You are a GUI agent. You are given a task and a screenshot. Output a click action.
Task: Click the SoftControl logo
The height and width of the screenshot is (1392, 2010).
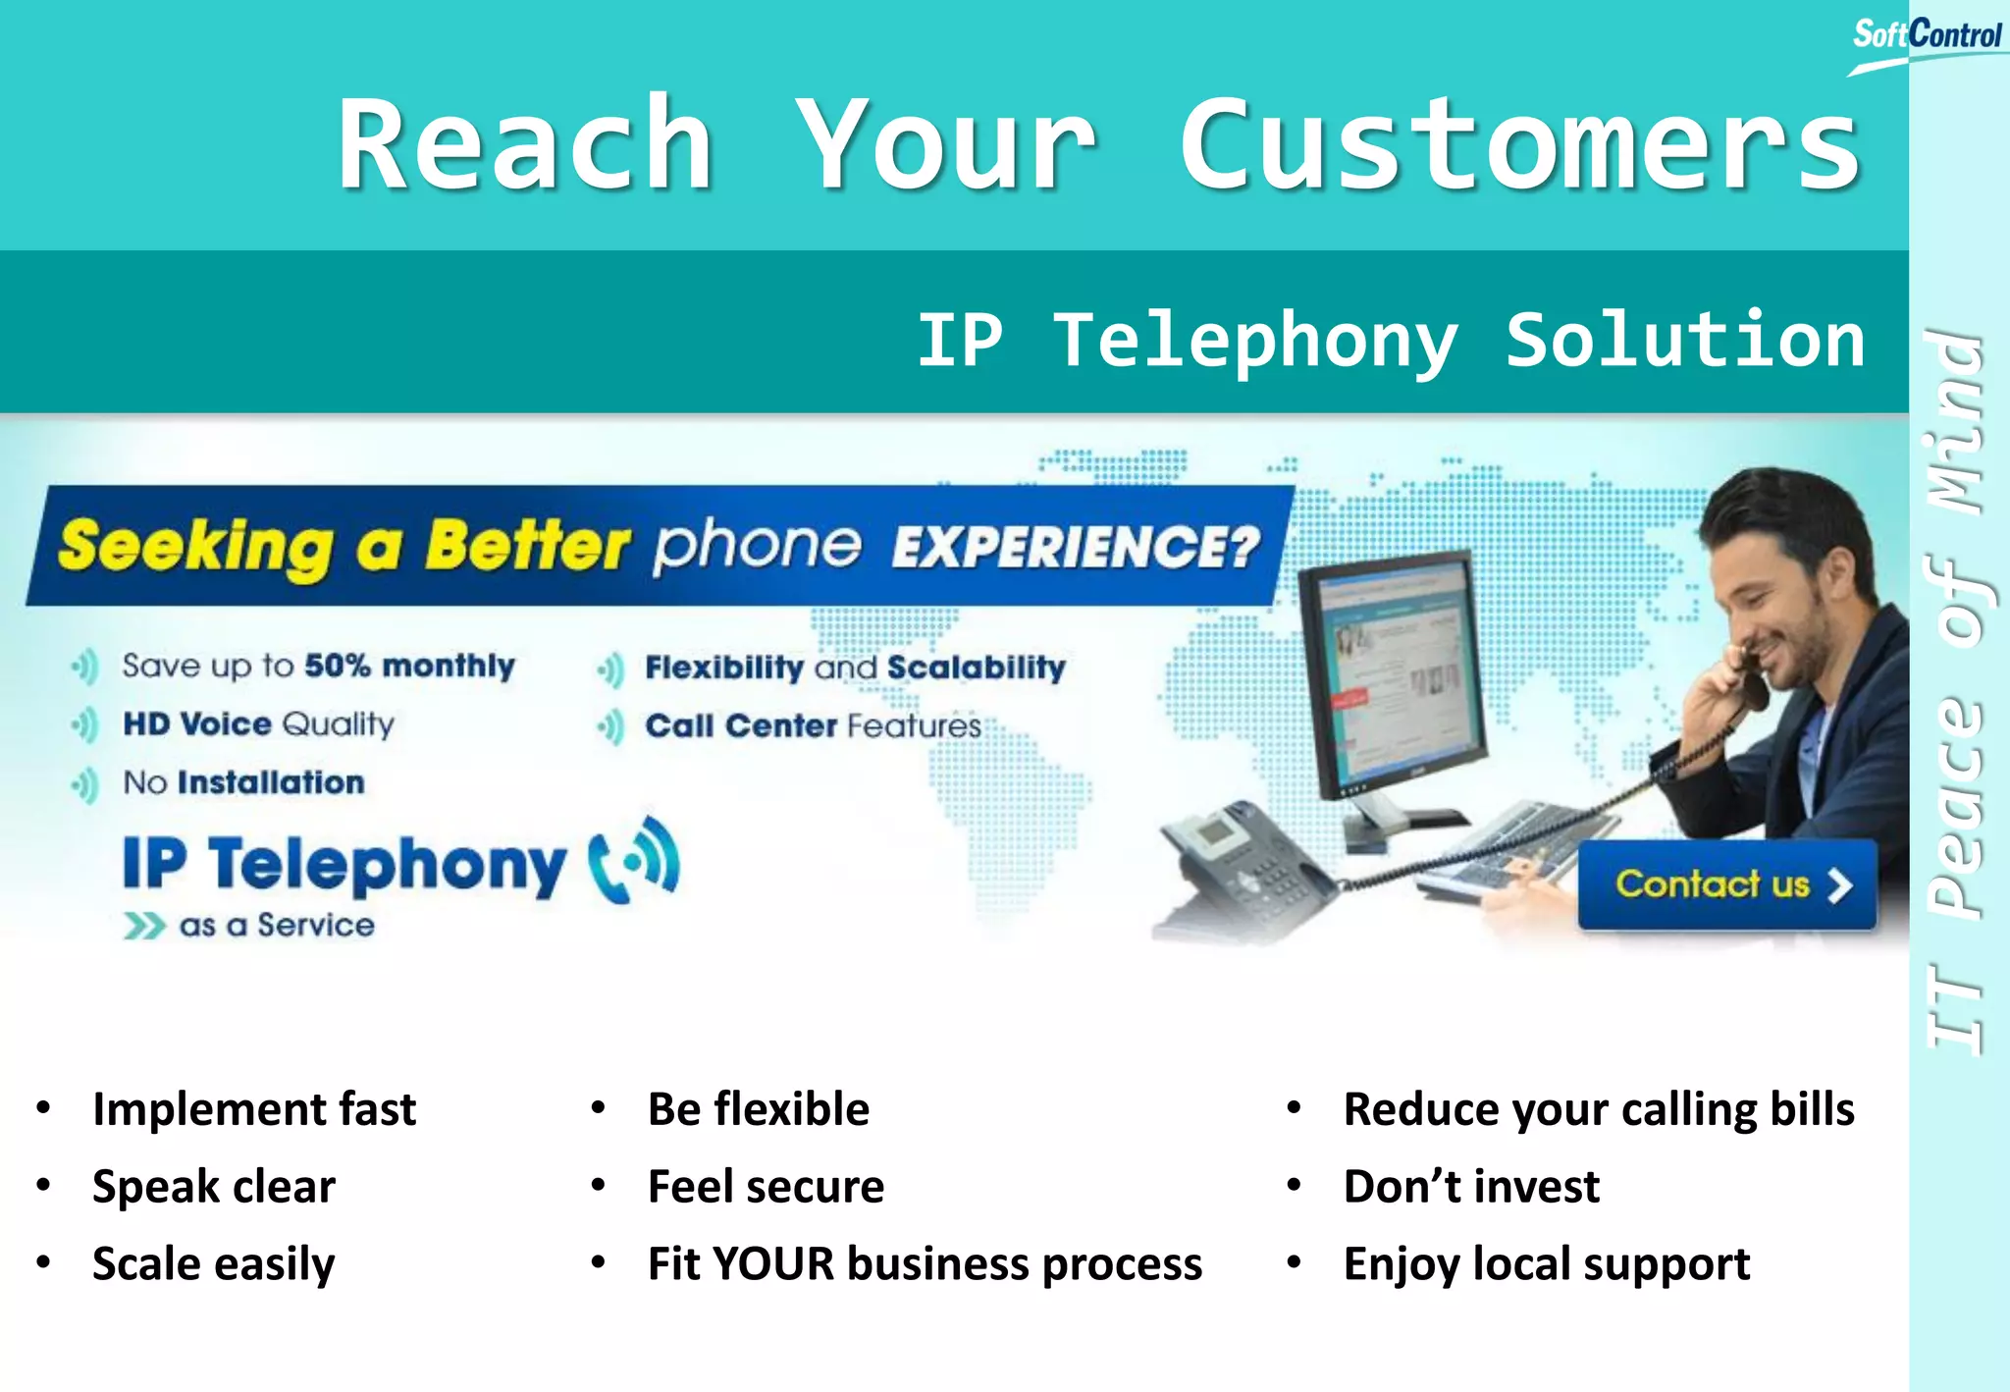[1926, 37]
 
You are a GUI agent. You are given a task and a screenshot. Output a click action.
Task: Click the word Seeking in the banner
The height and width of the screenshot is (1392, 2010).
[195, 546]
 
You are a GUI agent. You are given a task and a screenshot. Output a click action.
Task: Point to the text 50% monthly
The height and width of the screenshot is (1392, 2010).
[409, 666]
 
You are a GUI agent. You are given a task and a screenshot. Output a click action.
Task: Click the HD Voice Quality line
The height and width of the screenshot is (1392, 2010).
[258, 724]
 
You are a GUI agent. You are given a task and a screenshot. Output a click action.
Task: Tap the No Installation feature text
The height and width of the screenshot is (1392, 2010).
[243, 782]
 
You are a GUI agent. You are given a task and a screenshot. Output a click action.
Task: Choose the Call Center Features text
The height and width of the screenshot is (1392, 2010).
[813, 725]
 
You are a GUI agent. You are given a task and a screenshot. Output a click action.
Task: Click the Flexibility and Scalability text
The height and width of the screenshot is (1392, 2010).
[854, 668]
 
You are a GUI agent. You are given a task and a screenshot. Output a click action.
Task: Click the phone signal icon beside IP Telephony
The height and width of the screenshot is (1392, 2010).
[634, 861]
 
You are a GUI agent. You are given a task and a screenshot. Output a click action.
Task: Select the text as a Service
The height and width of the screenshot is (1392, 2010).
[276, 926]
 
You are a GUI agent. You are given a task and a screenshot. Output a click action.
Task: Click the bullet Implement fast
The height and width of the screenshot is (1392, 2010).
[253, 1109]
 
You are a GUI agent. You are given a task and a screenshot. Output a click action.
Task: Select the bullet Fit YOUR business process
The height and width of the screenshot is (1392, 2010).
[924, 1263]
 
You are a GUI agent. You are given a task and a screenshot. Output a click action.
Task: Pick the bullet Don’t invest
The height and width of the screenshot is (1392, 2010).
[1470, 1186]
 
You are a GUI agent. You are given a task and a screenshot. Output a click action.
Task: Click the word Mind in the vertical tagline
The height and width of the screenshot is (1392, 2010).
[1955, 422]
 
